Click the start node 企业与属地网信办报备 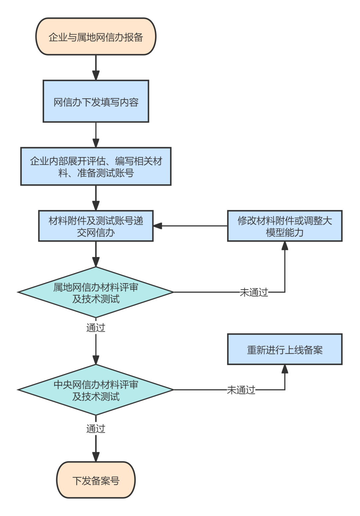pos(96,37)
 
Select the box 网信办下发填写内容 pos(96,101)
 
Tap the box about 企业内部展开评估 pos(96,166)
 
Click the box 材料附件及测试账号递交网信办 pos(96,226)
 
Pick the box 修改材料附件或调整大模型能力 pos(285,226)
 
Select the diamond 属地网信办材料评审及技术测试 pos(96,292)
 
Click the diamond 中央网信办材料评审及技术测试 pos(96,390)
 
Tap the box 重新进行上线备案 pos(285,349)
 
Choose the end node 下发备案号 pos(96,480)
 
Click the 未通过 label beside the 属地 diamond pos(254,292)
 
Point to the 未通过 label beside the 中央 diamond pos(241,390)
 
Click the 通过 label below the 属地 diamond pos(96,328)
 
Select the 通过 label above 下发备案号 pos(96,429)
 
